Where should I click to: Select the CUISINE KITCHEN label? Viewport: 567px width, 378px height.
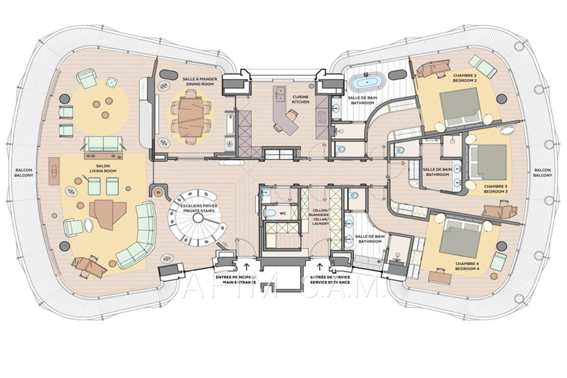(x=301, y=99)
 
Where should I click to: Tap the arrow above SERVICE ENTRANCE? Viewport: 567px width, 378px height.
(x=319, y=266)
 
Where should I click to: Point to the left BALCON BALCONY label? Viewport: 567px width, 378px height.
(x=25, y=173)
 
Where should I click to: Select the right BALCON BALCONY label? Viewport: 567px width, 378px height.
(x=543, y=173)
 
